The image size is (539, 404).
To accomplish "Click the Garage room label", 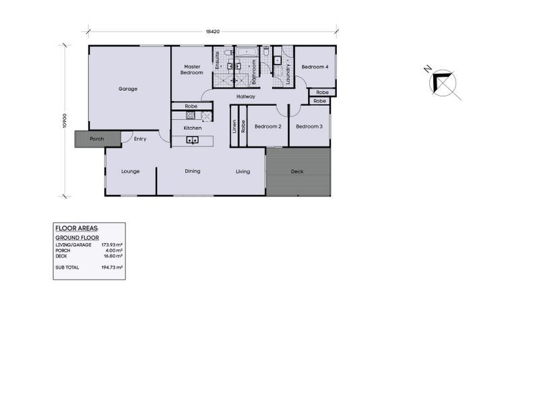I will [128, 89].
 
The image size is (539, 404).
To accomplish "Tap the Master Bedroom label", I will [193, 69].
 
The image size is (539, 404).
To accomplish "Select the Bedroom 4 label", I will [315, 67].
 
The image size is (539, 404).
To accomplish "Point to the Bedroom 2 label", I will [267, 127].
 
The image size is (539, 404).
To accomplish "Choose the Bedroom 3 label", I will [309, 127].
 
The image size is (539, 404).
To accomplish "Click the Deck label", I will [297, 172].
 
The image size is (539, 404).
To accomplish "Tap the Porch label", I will [97, 139].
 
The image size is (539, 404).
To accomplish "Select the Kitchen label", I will [193, 128].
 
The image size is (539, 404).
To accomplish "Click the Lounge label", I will [130, 172].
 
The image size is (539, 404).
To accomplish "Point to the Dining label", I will [193, 171].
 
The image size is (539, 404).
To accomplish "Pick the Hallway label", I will [245, 97].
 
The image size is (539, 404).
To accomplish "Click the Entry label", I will [140, 139].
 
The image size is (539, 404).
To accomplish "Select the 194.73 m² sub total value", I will [112, 267].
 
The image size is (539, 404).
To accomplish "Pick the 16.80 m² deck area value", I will [113, 256].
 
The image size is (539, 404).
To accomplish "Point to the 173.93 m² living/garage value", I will [112, 245].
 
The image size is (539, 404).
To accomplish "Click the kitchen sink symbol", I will [192, 140].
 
